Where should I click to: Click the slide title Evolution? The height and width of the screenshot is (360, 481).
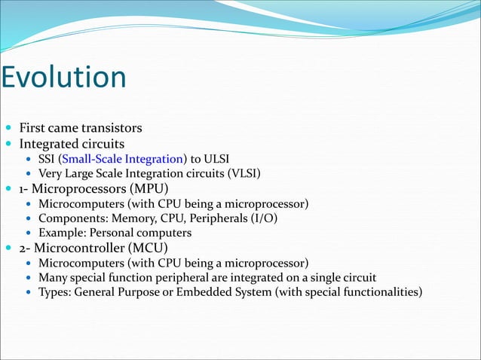point(63,78)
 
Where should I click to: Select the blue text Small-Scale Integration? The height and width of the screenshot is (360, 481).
point(123,159)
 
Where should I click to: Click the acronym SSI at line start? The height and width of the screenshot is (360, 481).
point(47,159)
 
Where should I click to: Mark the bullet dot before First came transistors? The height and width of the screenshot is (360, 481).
point(8,129)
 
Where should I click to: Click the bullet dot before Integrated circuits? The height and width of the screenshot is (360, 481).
point(8,144)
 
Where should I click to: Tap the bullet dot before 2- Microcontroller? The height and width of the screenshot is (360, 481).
point(8,249)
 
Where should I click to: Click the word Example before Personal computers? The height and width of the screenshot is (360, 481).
point(62,233)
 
